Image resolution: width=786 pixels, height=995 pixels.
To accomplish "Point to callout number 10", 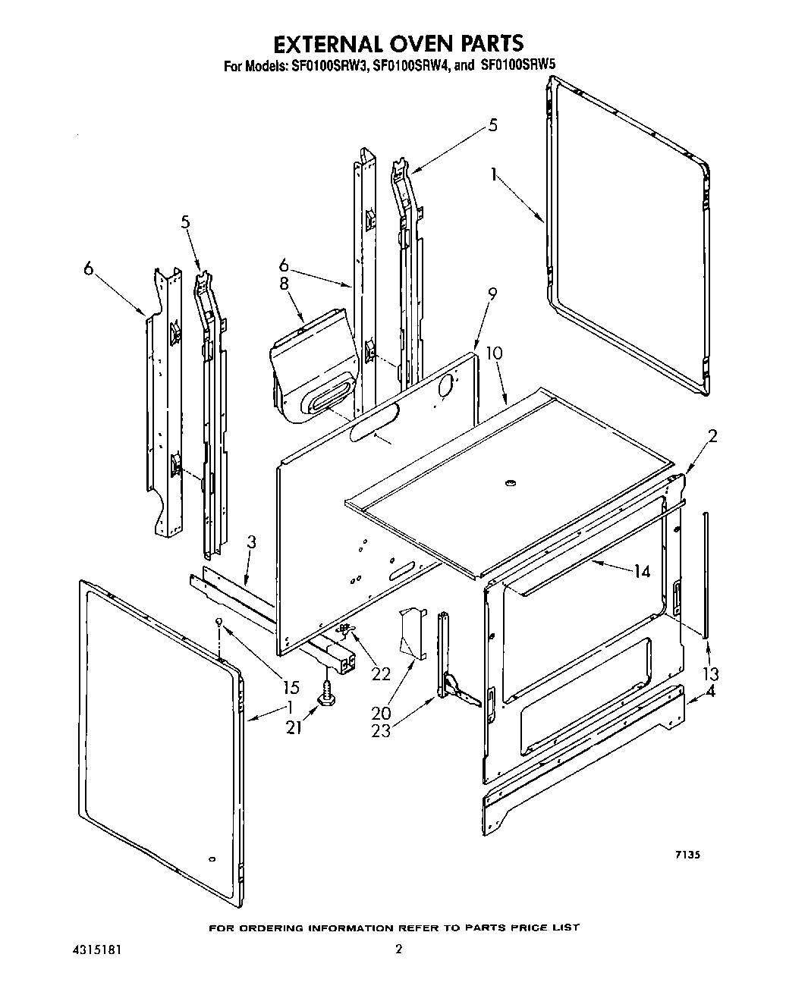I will (494, 353).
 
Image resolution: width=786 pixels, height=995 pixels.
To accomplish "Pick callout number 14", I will (642, 571).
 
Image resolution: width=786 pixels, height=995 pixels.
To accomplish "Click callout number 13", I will (711, 673).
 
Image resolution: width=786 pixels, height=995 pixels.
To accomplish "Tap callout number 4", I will (710, 691).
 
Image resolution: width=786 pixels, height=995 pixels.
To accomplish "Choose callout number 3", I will (252, 542).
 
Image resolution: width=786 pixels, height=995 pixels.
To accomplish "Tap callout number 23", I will (382, 732).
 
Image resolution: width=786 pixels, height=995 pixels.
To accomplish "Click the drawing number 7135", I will (687, 854).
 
